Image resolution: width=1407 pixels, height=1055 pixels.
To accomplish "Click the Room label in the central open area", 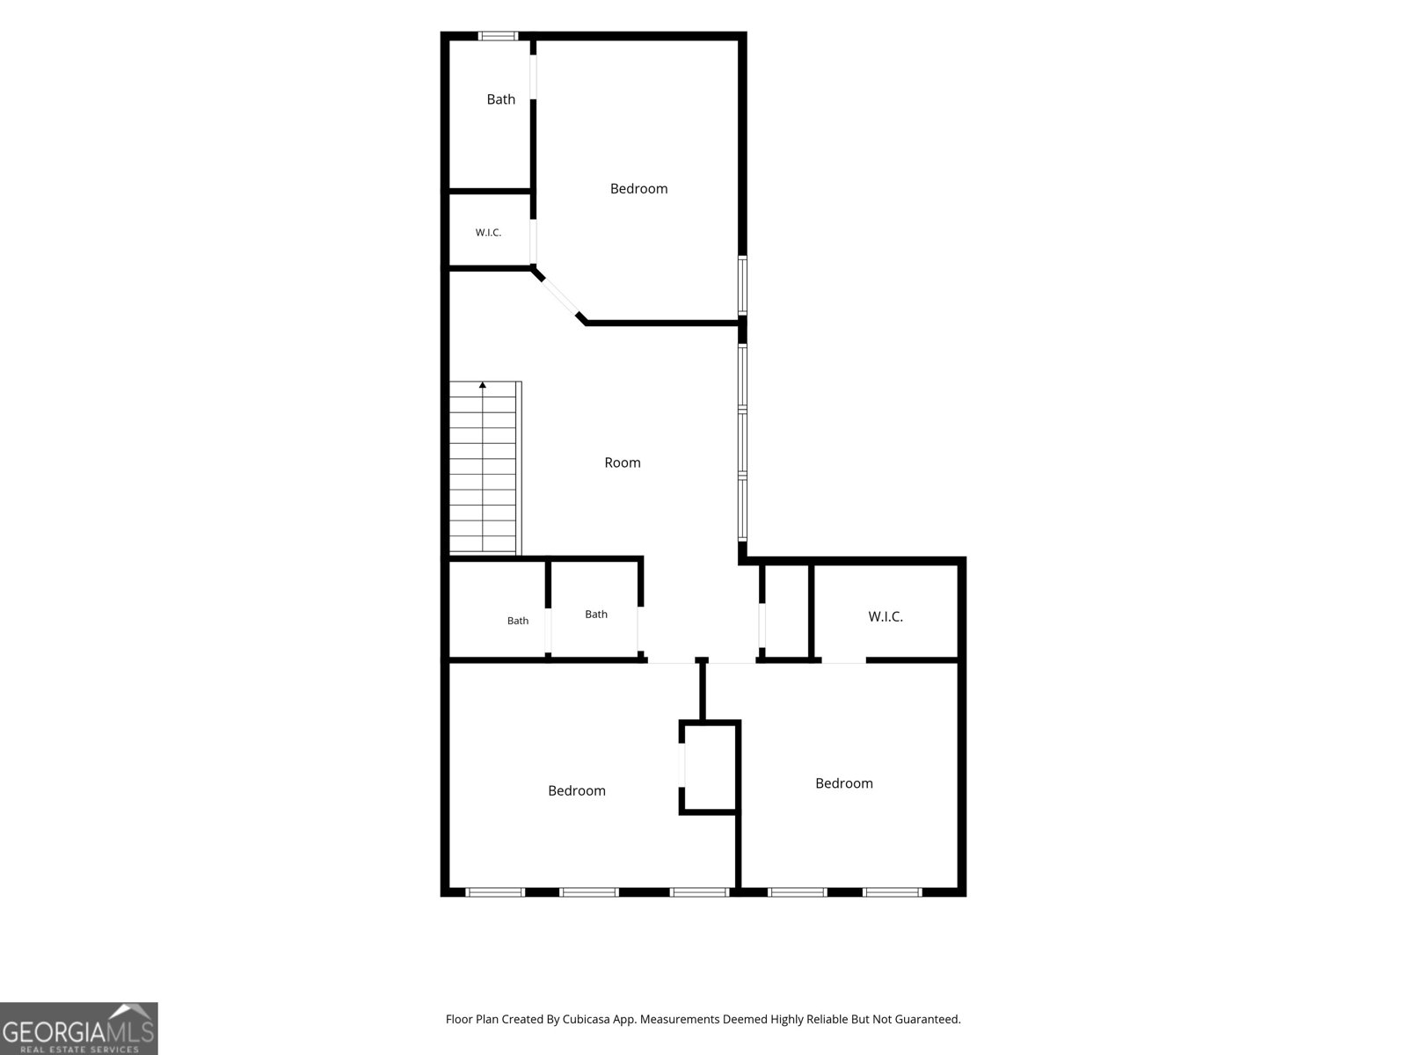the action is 622,462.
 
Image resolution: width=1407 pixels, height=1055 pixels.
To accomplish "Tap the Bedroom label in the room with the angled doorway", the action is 638,188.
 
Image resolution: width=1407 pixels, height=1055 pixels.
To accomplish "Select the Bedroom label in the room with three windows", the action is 576,790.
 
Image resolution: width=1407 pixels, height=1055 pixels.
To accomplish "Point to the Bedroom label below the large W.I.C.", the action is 843,782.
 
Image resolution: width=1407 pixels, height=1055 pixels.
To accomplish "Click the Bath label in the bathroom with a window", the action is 500,99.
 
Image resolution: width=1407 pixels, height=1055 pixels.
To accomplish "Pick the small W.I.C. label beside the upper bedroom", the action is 488,232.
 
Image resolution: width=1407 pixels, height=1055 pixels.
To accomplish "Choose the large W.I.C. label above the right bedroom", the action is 886,616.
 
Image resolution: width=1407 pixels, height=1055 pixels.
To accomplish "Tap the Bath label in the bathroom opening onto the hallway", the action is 595,615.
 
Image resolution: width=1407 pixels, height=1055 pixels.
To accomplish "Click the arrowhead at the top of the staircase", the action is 483,385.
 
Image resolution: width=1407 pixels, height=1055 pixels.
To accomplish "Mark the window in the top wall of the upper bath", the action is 498,36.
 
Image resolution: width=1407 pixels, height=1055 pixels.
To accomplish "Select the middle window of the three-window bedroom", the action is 588,892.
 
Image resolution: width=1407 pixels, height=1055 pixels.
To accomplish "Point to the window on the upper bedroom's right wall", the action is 742,285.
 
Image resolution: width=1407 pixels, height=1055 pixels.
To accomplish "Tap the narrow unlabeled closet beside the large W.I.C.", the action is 786,611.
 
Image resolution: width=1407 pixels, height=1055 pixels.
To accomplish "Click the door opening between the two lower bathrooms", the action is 548,629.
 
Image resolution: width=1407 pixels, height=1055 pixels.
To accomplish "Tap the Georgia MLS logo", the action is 79,1028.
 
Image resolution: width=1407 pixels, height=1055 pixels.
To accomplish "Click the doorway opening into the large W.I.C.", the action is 843,660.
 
